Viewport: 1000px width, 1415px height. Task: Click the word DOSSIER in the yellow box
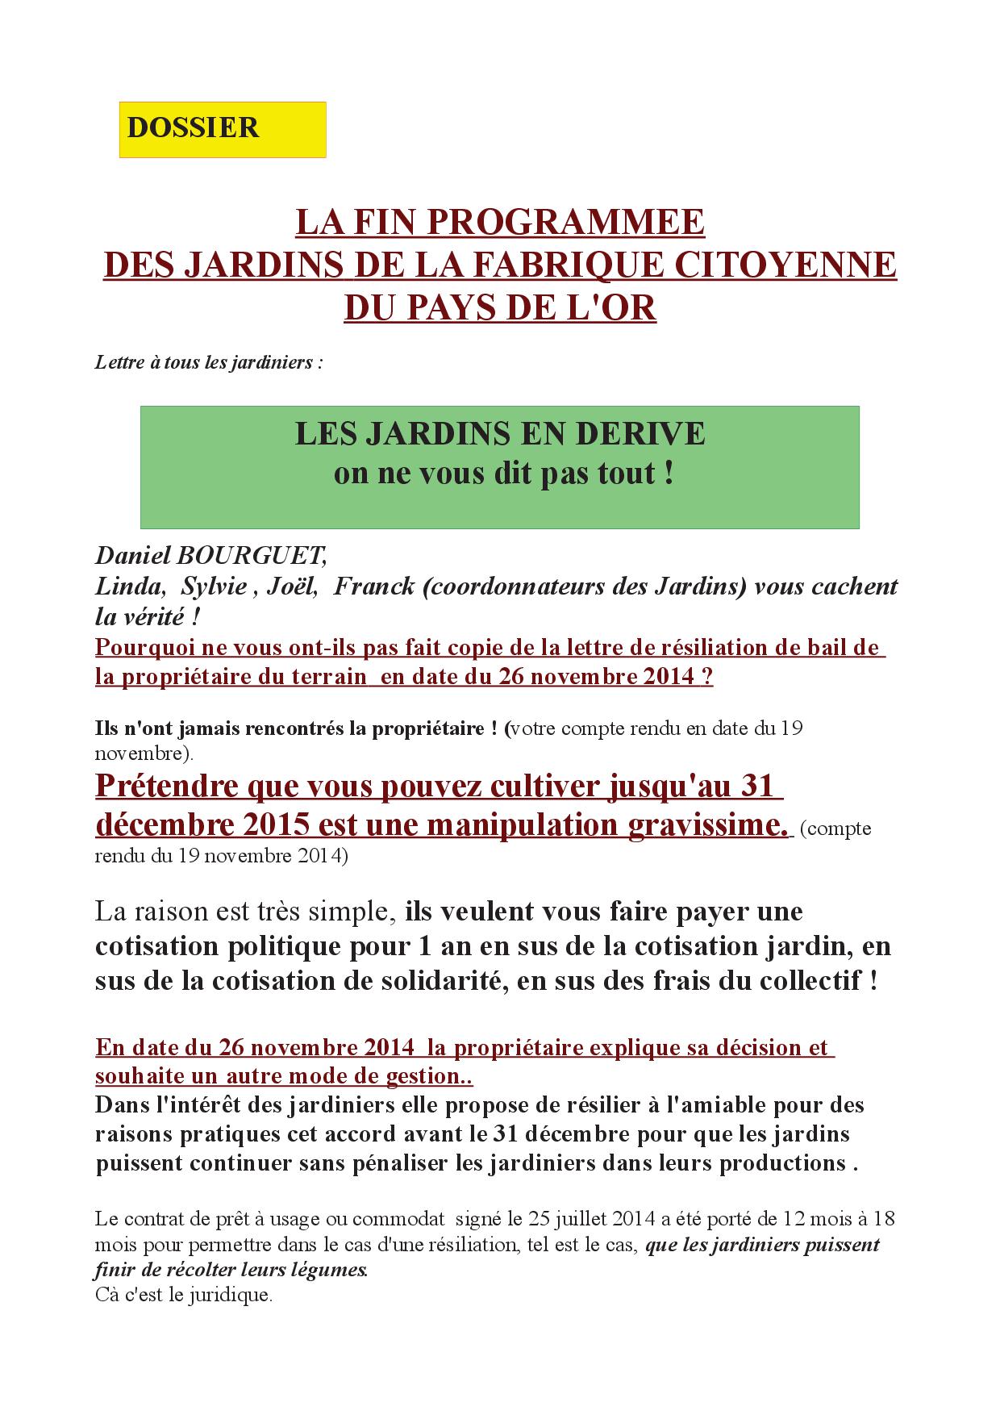pos(193,128)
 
